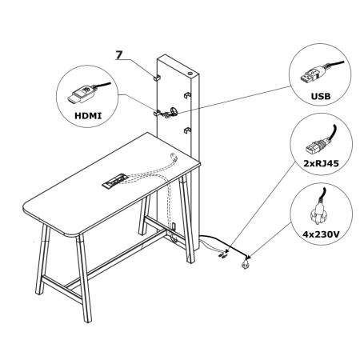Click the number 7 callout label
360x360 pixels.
118,54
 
